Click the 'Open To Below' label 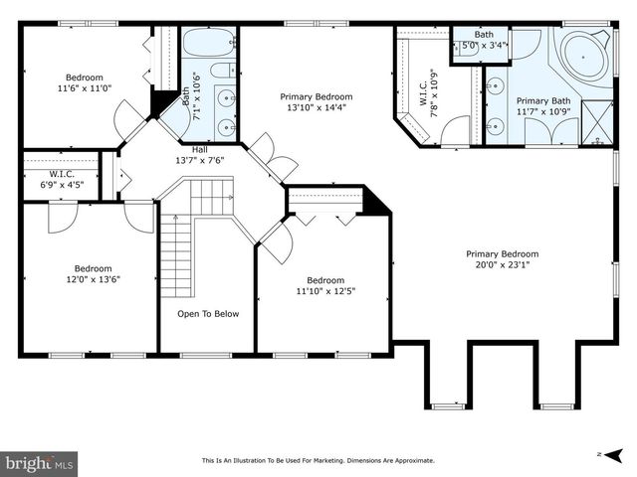tap(208, 314)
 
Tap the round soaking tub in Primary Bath tap(584, 58)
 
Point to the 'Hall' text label tap(199, 150)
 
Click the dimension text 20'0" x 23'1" tap(503, 265)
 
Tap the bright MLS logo tap(39, 463)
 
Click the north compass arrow tap(613, 455)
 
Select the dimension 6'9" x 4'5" tap(62, 185)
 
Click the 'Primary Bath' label tap(543, 100)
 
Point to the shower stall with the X tap(597, 122)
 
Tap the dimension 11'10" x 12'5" tap(325, 291)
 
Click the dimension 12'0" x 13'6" tap(93, 279)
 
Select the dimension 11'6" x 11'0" tap(85, 88)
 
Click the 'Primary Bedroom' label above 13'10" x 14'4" tap(317, 97)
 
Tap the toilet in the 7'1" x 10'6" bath tap(223, 71)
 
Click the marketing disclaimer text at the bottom tap(318, 460)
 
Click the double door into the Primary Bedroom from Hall tap(272, 158)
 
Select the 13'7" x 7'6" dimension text tap(199, 160)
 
